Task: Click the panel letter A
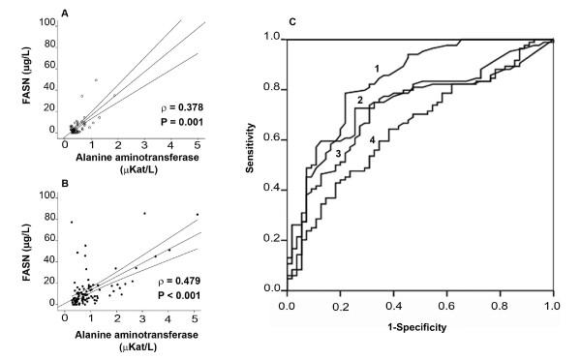click(64, 14)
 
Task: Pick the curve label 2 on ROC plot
click(358, 100)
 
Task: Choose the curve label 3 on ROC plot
click(337, 153)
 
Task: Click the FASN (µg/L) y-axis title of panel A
click(17, 77)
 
